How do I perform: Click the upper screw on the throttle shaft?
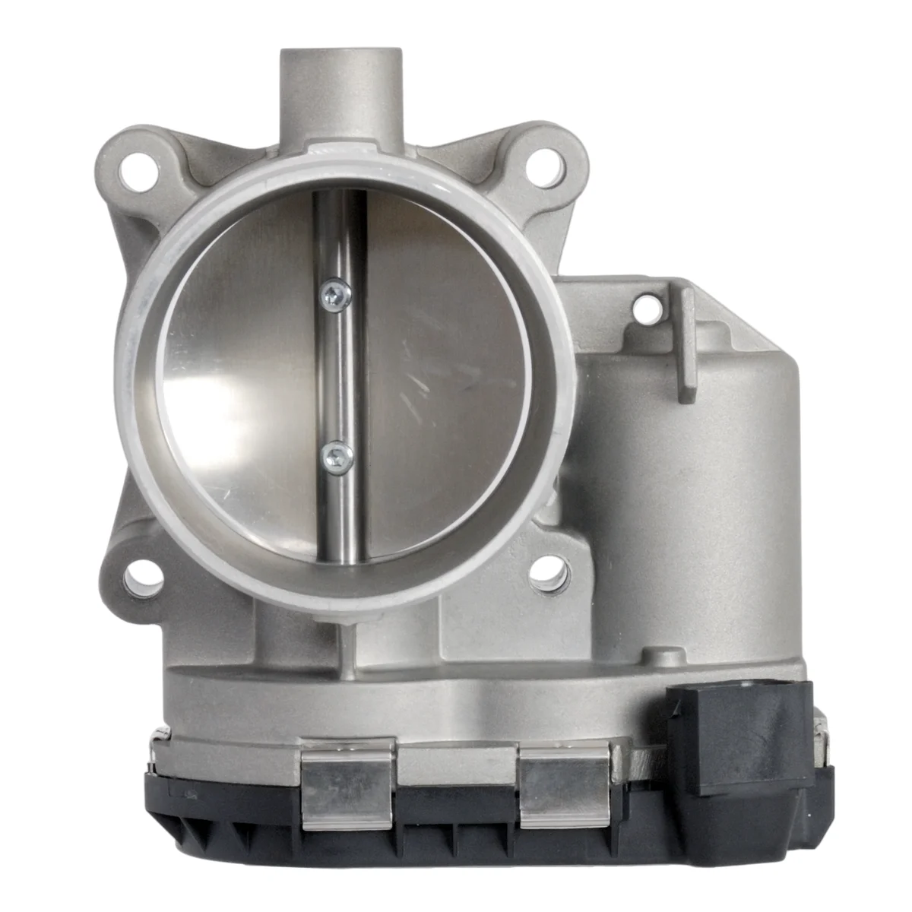(335, 293)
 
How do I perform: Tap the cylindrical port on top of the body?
(341, 91)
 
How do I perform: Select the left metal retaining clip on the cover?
(347, 783)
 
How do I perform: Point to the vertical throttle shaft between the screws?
(341, 376)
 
